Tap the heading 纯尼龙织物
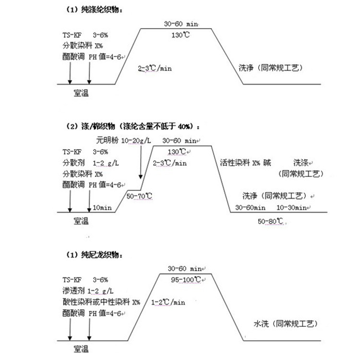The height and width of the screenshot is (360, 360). pyautogui.click(x=96, y=254)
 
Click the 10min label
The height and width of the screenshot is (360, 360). pyautogui.click(x=103, y=208)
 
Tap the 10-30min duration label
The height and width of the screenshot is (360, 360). pyautogui.click(x=292, y=208)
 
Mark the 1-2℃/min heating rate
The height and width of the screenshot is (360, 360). pyautogui.click(x=168, y=302)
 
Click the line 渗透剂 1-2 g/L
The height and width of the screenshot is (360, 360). pyautogui.click(x=88, y=290)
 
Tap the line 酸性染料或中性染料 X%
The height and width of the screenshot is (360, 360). pyautogui.click(x=101, y=302)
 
